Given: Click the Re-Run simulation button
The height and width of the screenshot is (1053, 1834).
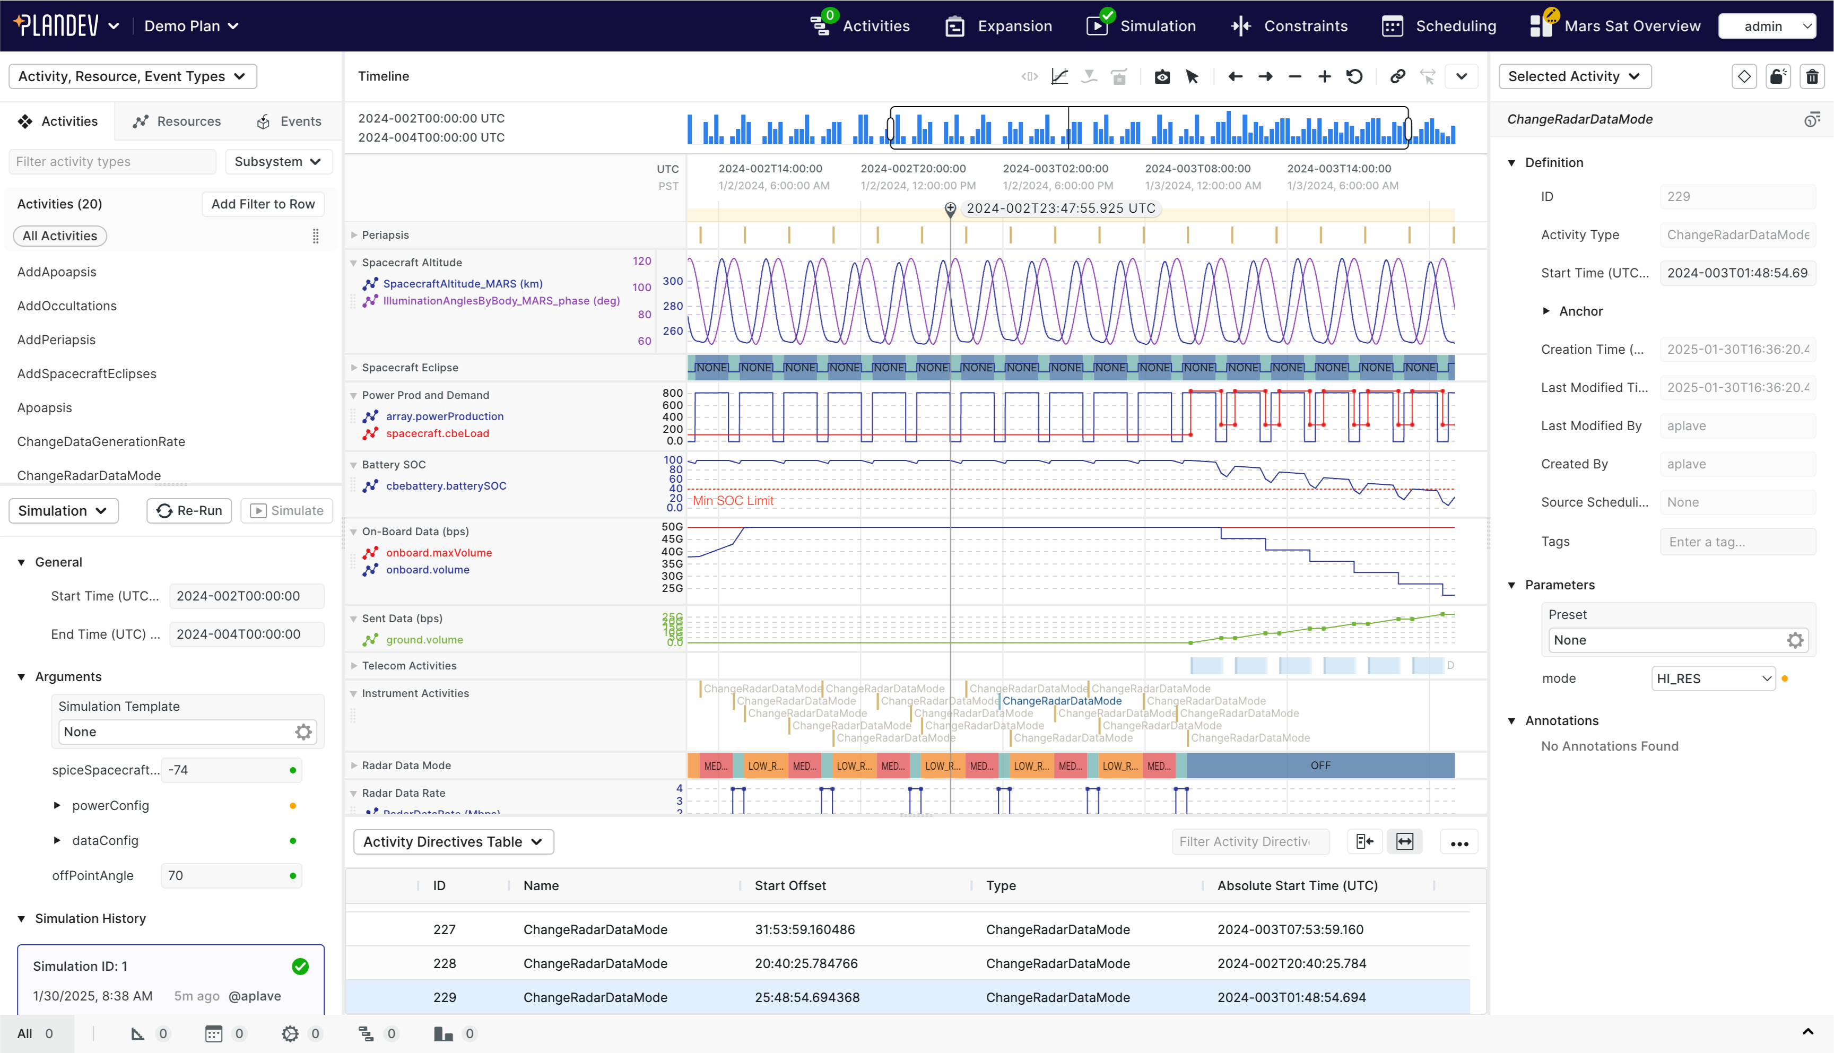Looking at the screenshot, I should click(189, 511).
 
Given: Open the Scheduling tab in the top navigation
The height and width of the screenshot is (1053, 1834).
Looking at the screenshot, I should click(1439, 26).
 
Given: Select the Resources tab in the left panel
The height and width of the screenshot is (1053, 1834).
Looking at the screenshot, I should click(177, 121).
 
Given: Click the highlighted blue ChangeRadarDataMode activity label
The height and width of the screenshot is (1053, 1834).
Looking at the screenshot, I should click(1062, 701).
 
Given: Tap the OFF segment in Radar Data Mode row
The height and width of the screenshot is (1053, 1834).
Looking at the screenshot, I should click(1320, 765).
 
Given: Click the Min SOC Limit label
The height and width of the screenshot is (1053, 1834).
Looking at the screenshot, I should click(733, 500).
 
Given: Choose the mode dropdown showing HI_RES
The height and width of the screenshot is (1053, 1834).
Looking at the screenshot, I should click(1713, 678).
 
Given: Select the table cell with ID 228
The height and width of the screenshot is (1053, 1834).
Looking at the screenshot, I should click(444, 963).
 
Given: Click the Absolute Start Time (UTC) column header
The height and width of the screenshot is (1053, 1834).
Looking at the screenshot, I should click(1298, 885).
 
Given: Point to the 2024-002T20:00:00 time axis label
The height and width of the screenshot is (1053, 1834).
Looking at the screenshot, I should click(912, 169).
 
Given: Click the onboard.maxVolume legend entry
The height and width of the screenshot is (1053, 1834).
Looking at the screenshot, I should click(438, 553).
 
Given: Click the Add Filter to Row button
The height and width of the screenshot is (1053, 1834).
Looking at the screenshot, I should click(263, 204).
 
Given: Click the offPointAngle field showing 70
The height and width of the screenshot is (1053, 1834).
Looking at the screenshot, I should click(224, 875).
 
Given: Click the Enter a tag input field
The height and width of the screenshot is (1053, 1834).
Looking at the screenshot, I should click(1736, 542).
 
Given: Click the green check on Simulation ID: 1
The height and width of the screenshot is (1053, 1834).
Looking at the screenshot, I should click(300, 966).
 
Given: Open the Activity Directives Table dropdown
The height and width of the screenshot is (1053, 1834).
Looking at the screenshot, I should click(453, 842).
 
